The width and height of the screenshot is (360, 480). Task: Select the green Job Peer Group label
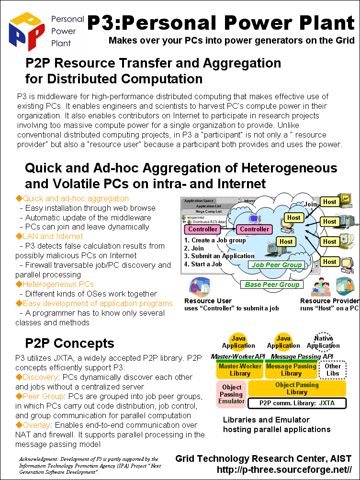click(277, 265)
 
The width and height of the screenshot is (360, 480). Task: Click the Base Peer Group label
click(272, 285)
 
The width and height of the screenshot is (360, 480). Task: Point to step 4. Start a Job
click(203, 264)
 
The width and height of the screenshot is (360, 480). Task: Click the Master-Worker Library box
click(240, 369)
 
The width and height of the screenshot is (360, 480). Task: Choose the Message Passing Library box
click(291, 369)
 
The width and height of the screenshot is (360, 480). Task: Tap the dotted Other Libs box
click(332, 370)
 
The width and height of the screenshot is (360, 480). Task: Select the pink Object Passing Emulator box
click(231, 394)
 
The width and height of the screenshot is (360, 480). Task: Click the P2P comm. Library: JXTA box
click(297, 403)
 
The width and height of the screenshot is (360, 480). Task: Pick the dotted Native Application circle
click(323, 341)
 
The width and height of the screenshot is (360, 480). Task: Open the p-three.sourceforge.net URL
click(284, 469)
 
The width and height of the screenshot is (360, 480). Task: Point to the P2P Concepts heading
click(69, 343)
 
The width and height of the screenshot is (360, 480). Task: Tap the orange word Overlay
click(36, 425)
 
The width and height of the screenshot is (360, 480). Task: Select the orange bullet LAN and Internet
click(49, 236)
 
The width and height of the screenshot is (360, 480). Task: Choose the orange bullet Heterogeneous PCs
click(55, 285)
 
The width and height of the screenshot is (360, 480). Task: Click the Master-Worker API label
click(237, 356)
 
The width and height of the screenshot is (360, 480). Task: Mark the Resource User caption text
click(208, 301)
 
